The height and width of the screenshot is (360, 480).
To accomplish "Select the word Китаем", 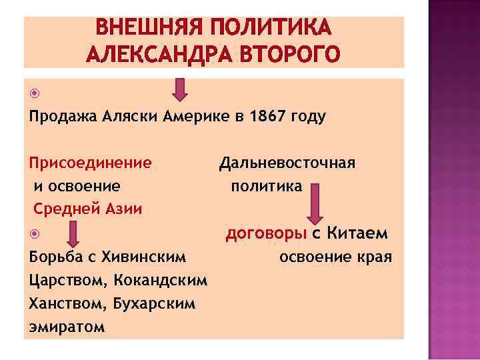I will (x=359, y=234).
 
